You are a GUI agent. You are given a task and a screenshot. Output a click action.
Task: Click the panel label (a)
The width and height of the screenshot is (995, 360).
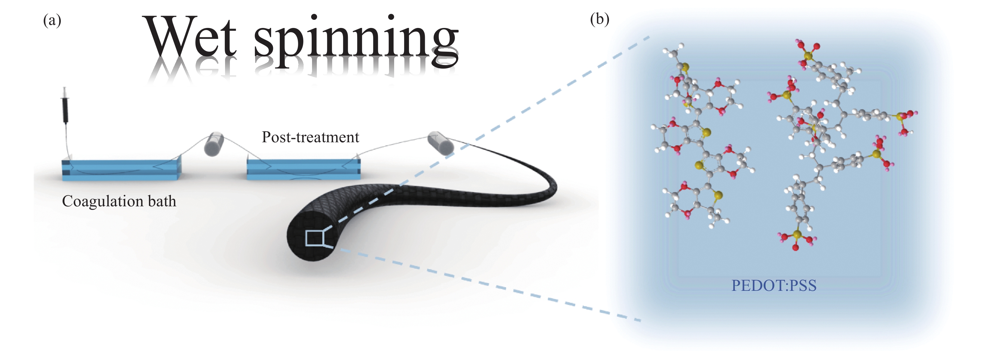52,20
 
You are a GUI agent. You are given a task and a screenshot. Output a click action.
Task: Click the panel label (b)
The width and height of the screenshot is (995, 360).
599,19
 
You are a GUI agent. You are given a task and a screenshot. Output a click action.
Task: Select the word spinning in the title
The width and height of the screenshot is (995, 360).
356,41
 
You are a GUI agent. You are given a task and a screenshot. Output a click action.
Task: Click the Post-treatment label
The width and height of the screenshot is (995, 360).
310,137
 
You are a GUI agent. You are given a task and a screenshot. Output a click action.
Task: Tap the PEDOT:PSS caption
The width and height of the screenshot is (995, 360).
774,285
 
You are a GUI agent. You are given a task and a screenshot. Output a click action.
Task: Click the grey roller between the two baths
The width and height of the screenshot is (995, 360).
214,144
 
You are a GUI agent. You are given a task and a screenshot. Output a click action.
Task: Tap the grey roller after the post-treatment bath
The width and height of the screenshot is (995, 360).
440,143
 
